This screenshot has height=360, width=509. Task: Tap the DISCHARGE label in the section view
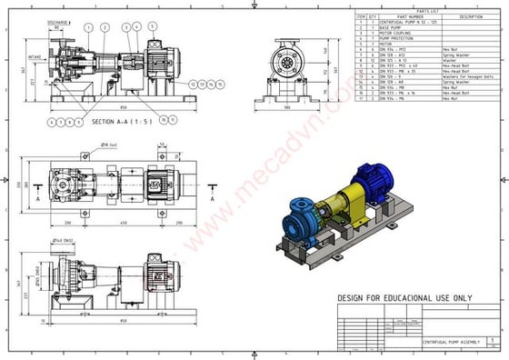click(x=56, y=21)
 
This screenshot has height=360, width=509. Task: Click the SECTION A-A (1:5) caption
click(x=123, y=119)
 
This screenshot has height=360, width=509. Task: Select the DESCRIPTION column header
click(x=471, y=16)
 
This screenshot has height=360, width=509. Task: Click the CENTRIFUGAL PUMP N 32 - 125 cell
click(x=408, y=22)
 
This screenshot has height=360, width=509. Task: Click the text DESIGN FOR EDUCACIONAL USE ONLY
click(x=405, y=297)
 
